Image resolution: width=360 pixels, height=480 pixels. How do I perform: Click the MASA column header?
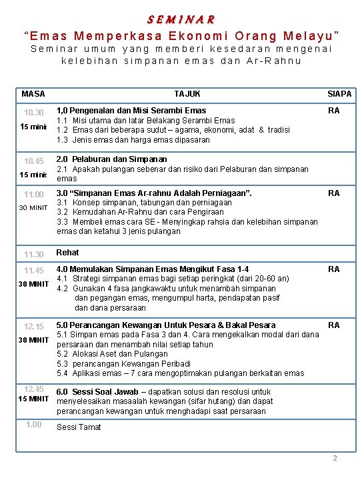33,94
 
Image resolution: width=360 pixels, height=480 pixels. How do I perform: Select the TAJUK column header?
187,94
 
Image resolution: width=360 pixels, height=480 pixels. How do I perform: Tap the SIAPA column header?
339,94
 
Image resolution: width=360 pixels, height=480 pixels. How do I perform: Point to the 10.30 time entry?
33,112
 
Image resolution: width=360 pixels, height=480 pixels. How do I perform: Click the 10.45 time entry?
33,161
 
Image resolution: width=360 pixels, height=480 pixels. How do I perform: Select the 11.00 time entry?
33,195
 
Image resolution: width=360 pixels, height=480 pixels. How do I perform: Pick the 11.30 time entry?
33,255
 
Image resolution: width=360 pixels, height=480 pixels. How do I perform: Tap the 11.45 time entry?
33,271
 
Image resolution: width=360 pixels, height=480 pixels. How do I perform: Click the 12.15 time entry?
33,327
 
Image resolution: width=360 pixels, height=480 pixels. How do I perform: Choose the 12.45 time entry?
33,389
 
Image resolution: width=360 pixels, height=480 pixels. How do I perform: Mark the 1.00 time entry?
33,425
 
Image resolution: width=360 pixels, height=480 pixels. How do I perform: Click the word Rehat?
68,253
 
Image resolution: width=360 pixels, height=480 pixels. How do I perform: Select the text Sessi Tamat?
79,427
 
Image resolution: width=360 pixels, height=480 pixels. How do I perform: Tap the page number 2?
335,458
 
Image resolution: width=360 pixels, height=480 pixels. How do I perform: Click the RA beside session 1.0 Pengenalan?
334,111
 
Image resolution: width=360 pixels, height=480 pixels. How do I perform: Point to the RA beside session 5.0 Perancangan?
334,325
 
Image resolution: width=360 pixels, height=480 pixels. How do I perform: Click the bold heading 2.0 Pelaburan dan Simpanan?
112,160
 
